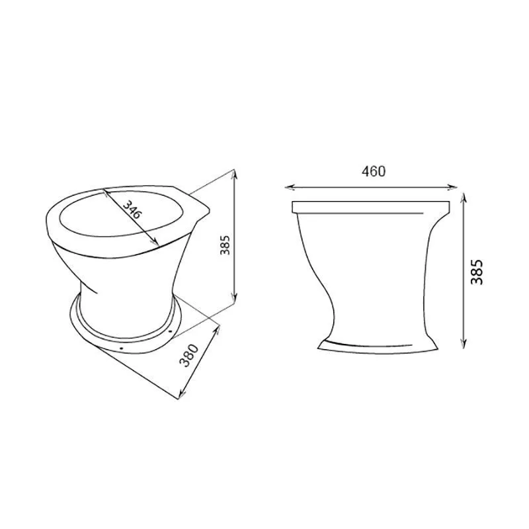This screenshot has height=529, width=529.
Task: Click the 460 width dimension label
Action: [373, 172]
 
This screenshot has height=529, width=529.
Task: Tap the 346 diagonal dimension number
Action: [131, 210]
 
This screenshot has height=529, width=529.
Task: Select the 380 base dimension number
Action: [188, 355]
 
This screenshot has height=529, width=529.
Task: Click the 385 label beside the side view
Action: [477, 272]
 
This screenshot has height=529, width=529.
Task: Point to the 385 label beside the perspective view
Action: [225, 245]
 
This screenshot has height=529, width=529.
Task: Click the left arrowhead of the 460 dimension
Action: [290, 188]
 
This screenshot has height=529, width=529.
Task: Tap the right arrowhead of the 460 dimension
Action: [452, 188]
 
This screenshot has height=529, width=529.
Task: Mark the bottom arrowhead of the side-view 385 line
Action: [464, 343]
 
